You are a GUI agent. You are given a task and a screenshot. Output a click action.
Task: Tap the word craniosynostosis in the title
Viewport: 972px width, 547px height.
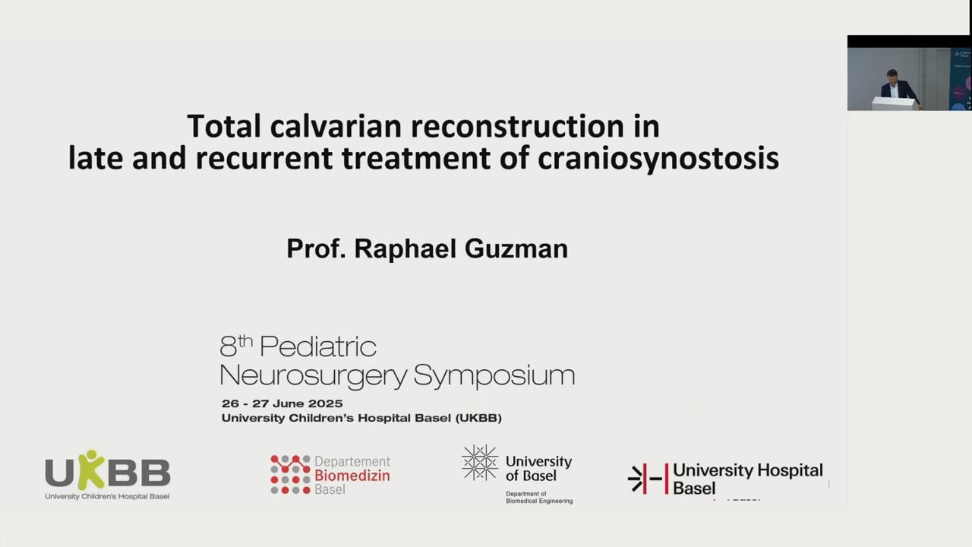(658, 158)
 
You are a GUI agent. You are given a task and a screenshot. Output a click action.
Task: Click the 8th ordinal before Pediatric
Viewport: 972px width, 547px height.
(235, 347)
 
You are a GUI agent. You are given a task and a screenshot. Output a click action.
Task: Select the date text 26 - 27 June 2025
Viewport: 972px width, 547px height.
(282, 403)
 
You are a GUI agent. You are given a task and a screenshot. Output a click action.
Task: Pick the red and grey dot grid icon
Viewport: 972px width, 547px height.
(290, 475)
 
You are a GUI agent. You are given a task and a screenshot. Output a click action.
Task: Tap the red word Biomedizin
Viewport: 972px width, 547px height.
(352, 476)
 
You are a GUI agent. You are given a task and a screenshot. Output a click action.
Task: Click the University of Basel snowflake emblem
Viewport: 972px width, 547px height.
(480, 463)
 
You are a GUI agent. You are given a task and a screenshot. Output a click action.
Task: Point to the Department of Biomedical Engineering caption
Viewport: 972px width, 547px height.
(539, 498)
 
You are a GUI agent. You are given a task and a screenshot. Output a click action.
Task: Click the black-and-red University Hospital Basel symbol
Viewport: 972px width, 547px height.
(647, 479)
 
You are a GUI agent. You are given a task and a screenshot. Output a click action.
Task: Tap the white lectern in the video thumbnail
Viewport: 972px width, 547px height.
(893, 103)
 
